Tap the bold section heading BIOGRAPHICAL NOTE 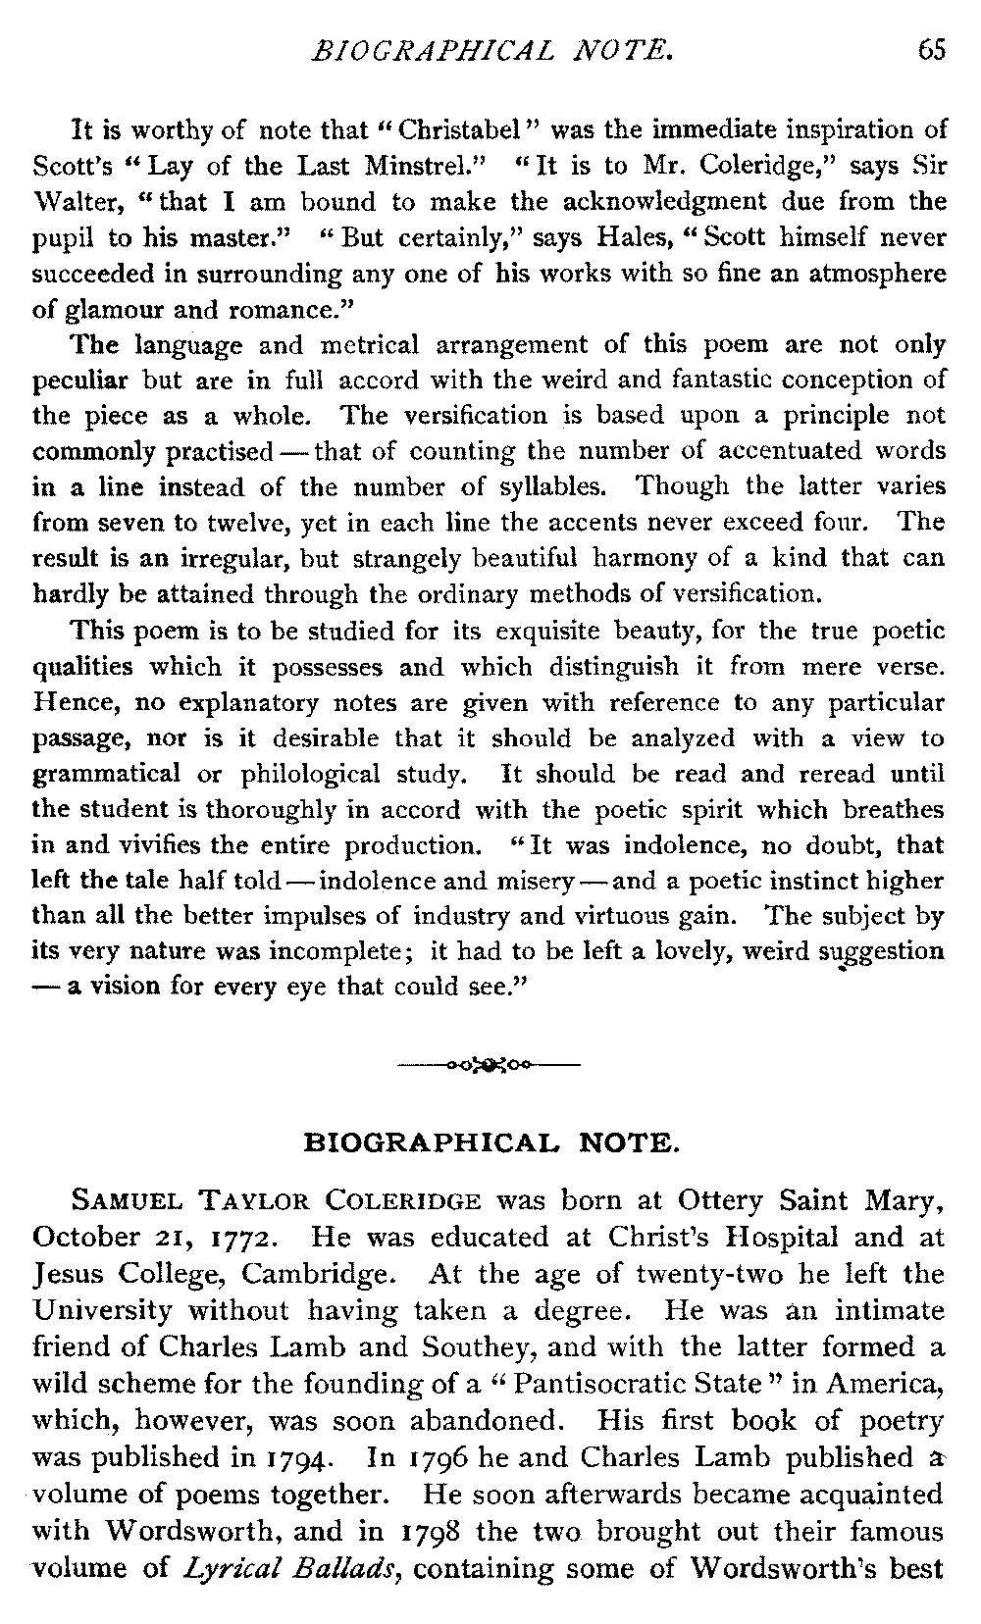pyautogui.click(x=490, y=1142)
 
